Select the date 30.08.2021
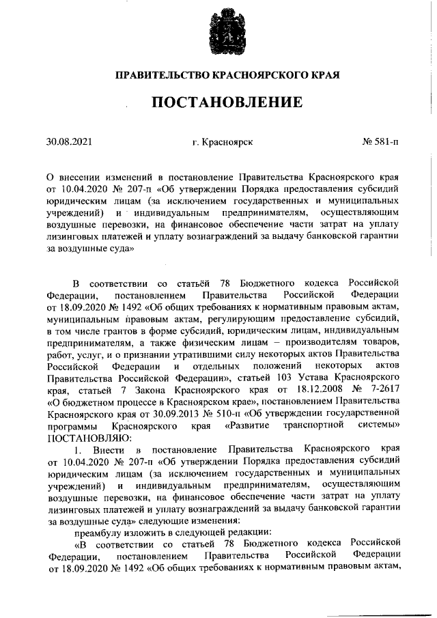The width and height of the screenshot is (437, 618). click(x=68, y=143)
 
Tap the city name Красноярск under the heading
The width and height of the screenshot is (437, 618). click(x=227, y=143)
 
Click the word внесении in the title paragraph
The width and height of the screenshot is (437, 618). click(x=80, y=176)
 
